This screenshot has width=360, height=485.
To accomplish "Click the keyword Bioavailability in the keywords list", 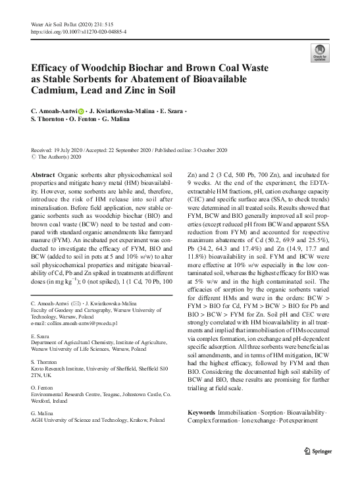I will coord(304,412).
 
